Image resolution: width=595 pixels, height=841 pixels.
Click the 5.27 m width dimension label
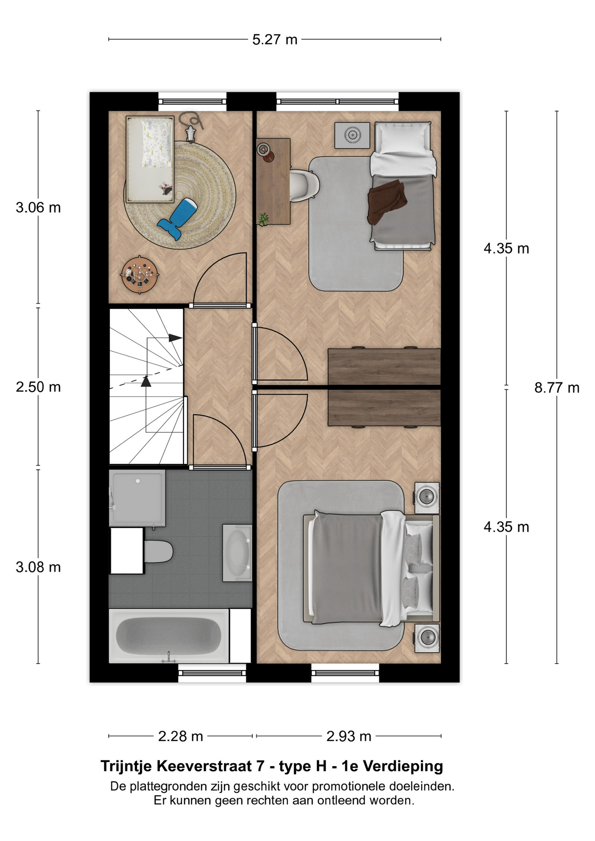[x=275, y=40]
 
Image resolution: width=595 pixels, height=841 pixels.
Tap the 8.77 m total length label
[x=557, y=388]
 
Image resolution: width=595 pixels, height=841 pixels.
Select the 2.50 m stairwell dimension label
[x=38, y=387]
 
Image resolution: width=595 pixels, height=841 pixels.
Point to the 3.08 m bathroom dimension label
[x=38, y=567]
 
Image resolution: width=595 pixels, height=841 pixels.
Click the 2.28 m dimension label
[x=181, y=736]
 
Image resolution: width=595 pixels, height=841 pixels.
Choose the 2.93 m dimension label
[x=349, y=736]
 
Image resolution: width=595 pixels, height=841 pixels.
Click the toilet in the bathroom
[x=158, y=551]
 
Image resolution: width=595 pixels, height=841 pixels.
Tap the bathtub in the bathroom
[x=169, y=636]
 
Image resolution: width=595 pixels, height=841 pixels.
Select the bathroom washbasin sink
[x=237, y=553]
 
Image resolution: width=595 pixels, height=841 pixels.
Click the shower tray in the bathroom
[x=137, y=498]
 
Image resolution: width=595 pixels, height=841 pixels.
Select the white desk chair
[x=305, y=185]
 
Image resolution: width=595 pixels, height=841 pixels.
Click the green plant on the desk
[x=263, y=219]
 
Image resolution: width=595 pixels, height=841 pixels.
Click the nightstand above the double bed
[x=427, y=497]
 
